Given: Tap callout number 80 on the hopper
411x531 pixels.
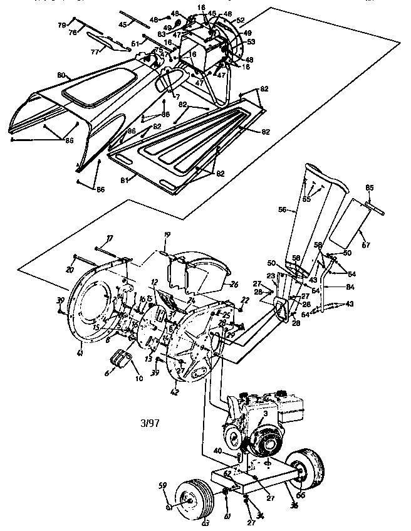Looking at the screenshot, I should point(61,75).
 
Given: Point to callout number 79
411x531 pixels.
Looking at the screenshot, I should point(61,25).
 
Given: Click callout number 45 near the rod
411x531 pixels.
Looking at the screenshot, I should point(123,24).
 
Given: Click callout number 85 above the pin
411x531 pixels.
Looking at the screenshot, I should point(369,187).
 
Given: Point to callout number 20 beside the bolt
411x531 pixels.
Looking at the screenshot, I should point(70,269).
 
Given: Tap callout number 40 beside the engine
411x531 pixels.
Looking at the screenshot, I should point(217,450).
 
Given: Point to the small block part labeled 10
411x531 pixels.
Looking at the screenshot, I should point(120,361).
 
